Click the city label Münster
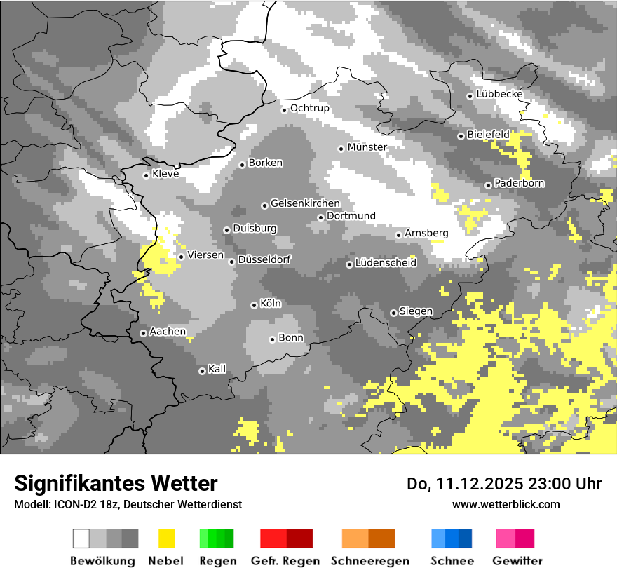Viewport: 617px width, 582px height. pyautogui.click(x=367, y=147)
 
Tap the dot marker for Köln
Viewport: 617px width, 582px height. pyautogui.click(x=254, y=305)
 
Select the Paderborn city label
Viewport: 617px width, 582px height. pyautogui.click(x=520, y=184)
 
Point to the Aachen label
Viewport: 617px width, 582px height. pyautogui.click(x=168, y=332)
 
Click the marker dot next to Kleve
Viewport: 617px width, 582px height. pyautogui.click(x=146, y=175)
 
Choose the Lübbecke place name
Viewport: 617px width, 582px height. pyautogui.click(x=499, y=95)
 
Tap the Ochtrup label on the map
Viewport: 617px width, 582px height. pyautogui.click(x=309, y=109)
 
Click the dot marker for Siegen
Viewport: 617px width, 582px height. pyautogui.click(x=393, y=313)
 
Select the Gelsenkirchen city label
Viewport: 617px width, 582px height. pyautogui.click(x=305, y=204)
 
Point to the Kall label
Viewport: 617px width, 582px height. pyautogui.click(x=217, y=369)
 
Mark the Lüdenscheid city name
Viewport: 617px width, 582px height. pyautogui.click(x=386, y=263)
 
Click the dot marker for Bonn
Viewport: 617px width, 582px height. pyautogui.click(x=272, y=339)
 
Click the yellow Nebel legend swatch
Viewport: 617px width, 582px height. pyautogui.click(x=166, y=539)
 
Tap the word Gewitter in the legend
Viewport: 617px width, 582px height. pyautogui.click(x=517, y=561)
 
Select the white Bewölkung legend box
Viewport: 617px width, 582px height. pyautogui.click(x=81, y=539)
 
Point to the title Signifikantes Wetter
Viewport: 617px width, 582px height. pyautogui.click(x=116, y=483)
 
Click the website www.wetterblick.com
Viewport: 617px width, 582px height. pyautogui.click(x=506, y=504)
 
